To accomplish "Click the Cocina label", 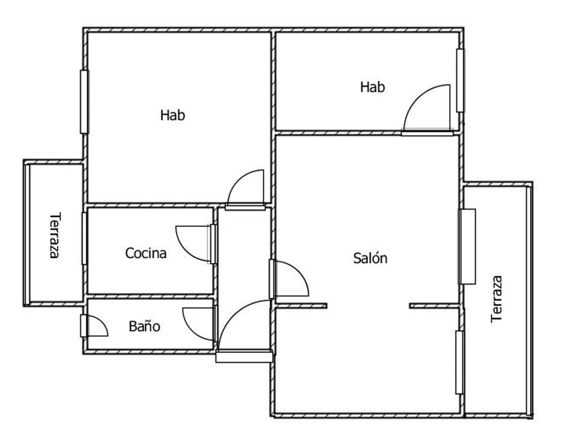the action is (x=146, y=253).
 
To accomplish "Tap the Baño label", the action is (x=144, y=326).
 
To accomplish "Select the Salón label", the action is (x=370, y=258).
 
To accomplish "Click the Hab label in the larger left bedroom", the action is (x=173, y=115).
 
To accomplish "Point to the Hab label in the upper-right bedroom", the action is (x=373, y=87).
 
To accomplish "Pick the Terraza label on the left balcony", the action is (x=55, y=235).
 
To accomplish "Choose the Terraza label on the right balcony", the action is (x=497, y=299).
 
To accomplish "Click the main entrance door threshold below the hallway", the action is (x=244, y=357).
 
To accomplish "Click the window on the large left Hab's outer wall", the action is (x=84, y=102).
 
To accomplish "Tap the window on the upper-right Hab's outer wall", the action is (x=460, y=80).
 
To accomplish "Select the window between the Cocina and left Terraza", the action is (x=84, y=238).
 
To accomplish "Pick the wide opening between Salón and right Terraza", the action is (x=467, y=247).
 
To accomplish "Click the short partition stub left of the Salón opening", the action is (x=301, y=306).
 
